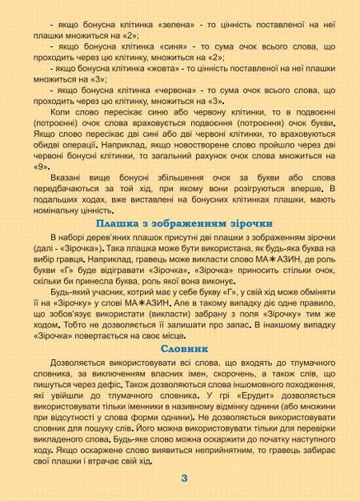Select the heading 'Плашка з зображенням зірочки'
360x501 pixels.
[180, 222]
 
